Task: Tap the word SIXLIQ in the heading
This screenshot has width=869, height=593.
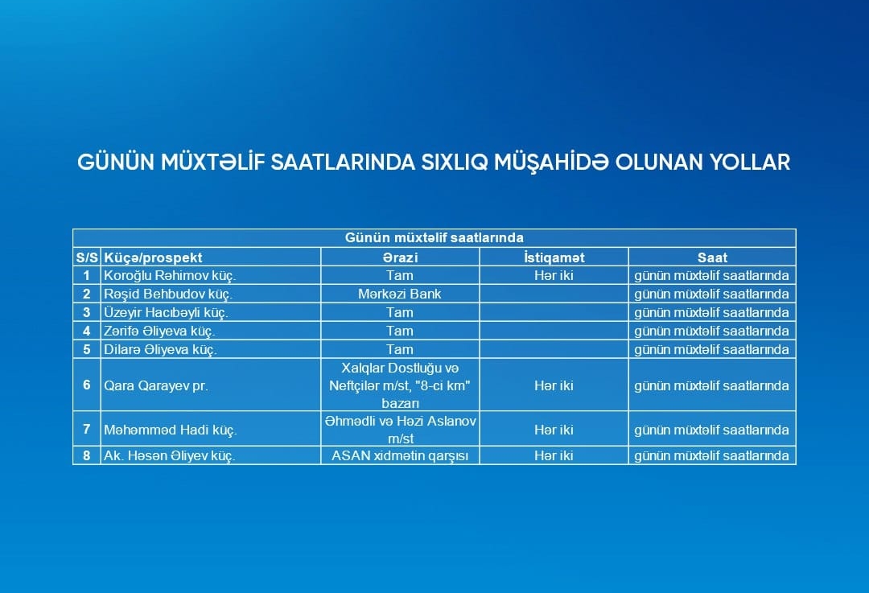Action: [455, 163]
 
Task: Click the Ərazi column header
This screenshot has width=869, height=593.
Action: [400, 257]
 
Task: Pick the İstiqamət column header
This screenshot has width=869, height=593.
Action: [554, 257]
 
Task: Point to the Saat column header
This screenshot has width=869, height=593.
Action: [712, 257]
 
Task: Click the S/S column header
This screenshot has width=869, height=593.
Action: [87, 257]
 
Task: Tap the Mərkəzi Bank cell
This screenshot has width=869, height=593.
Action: [400, 294]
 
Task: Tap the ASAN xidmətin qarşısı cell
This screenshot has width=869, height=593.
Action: [400, 455]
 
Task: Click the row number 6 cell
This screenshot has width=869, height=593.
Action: [86, 385]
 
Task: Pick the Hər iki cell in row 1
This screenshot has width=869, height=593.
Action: [554, 275]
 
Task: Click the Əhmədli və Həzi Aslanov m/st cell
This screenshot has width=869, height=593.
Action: [400, 430]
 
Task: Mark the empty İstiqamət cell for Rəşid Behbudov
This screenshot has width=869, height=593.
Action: [554, 294]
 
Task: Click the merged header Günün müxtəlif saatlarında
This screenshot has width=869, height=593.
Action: [434, 237]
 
